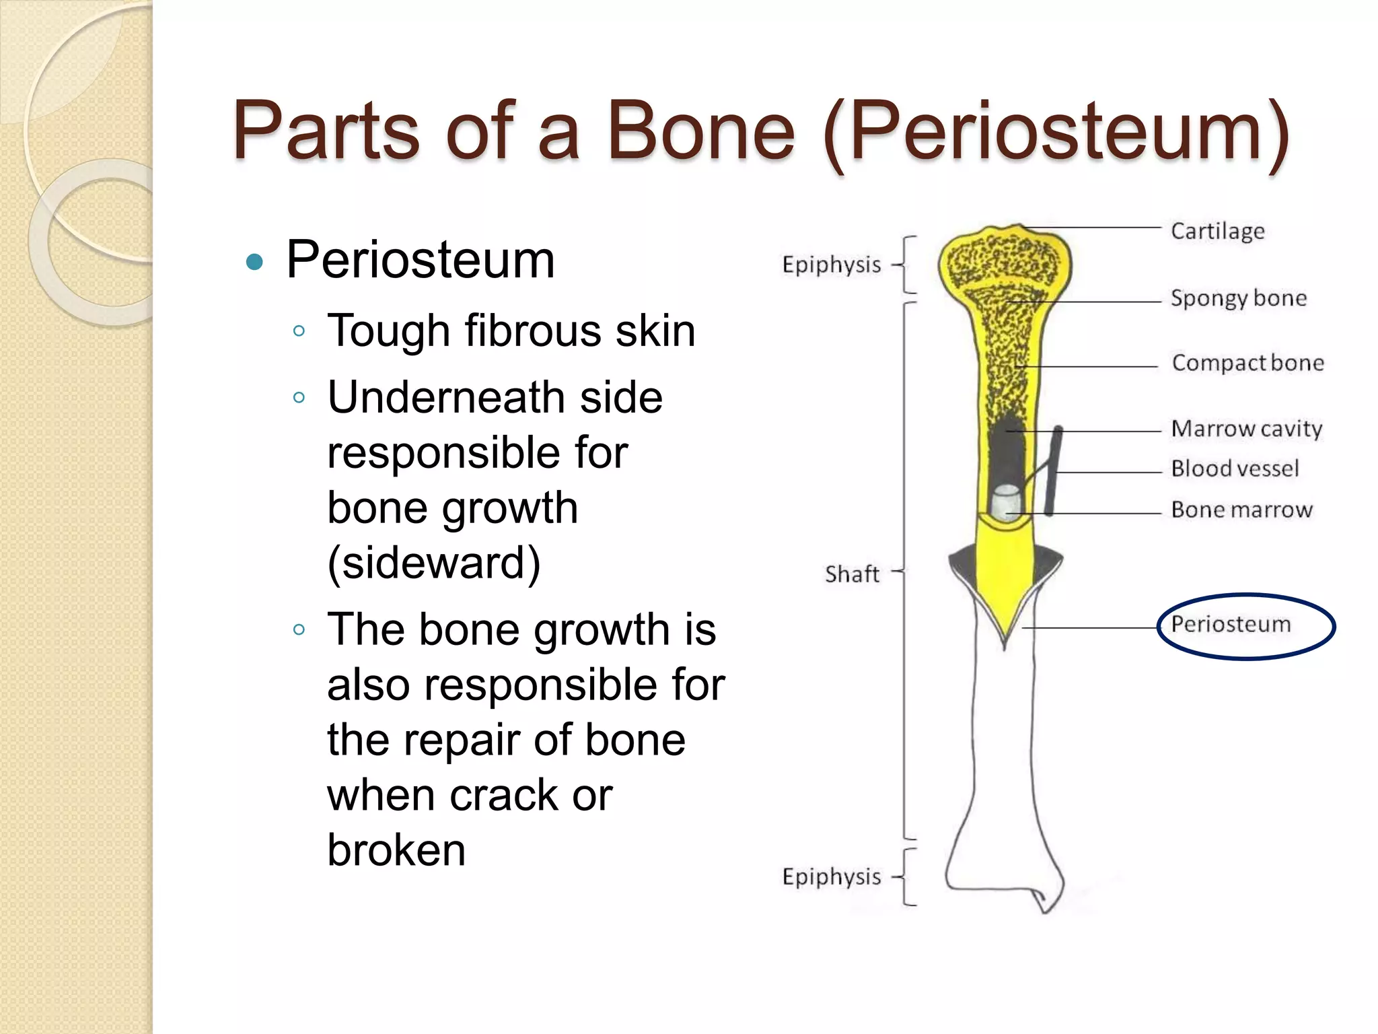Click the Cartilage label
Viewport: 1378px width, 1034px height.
[x=1217, y=231]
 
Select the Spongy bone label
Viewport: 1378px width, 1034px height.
[x=1238, y=298]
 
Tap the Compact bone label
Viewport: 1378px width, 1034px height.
[x=1247, y=363]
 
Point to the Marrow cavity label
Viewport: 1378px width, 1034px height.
[x=1246, y=429]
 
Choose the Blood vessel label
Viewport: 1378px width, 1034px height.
[x=1235, y=469]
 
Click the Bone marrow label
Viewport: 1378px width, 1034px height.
[x=1241, y=510]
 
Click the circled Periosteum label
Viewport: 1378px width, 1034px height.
[x=1231, y=624]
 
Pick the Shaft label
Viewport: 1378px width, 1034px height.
[x=852, y=574]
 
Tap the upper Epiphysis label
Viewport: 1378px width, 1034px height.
[x=831, y=265]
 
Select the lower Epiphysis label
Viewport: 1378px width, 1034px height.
[x=831, y=877]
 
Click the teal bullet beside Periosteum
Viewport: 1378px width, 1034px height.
[x=254, y=261]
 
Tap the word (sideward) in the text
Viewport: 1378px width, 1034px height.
[x=434, y=563]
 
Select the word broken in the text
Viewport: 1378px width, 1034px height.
[x=396, y=850]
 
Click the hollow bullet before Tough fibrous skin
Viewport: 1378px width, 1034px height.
[x=299, y=331]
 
